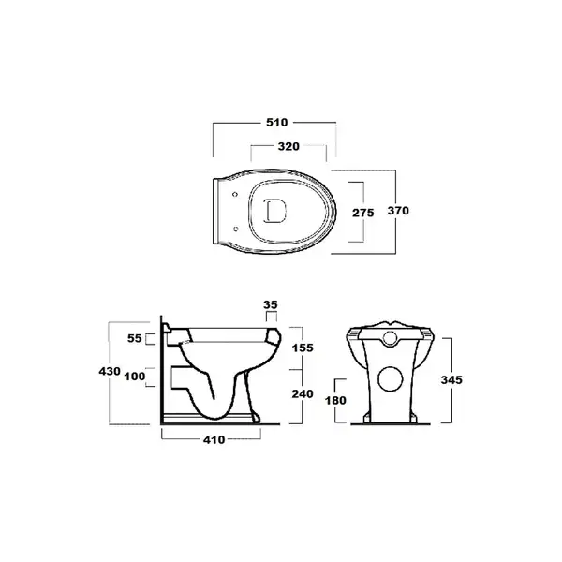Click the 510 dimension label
(276, 123)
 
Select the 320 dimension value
(288, 146)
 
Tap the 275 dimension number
(363, 213)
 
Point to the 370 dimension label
(398, 211)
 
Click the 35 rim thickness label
(271, 304)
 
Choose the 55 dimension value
(135, 338)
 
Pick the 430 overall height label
(110, 371)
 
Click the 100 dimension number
(135, 377)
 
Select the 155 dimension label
(303, 348)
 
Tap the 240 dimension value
(303, 394)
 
